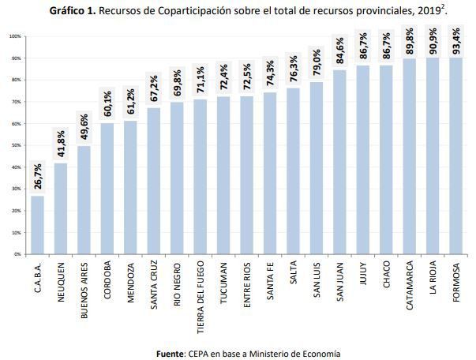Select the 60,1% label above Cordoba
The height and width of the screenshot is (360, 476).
(107, 105)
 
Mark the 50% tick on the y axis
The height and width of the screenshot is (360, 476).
(15, 145)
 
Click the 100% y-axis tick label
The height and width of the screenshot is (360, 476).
(14, 36)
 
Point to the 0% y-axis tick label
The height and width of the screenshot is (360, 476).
(17, 254)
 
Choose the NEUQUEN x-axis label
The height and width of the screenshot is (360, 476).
(61, 280)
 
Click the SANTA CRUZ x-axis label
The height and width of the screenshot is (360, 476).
(154, 286)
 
